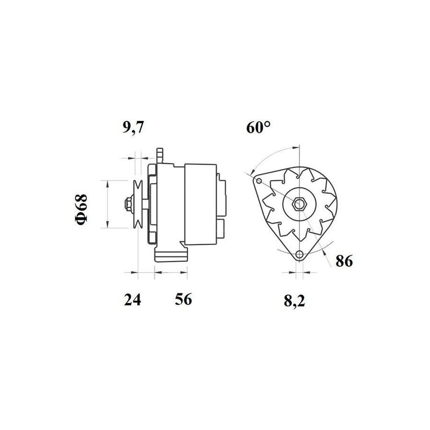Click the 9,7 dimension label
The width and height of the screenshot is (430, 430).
[x=133, y=127]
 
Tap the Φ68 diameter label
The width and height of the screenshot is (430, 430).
[x=81, y=210]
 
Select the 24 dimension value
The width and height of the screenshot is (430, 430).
[x=132, y=300]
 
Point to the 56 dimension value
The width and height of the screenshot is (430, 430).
[x=183, y=299]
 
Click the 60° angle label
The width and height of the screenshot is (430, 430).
[x=258, y=127]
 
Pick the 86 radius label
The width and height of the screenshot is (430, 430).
[x=344, y=261]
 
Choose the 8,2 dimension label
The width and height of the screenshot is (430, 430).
[x=294, y=301]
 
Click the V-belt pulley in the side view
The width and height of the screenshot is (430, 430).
[x=138, y=204]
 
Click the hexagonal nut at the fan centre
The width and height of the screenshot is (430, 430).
[x=299, y=204]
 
